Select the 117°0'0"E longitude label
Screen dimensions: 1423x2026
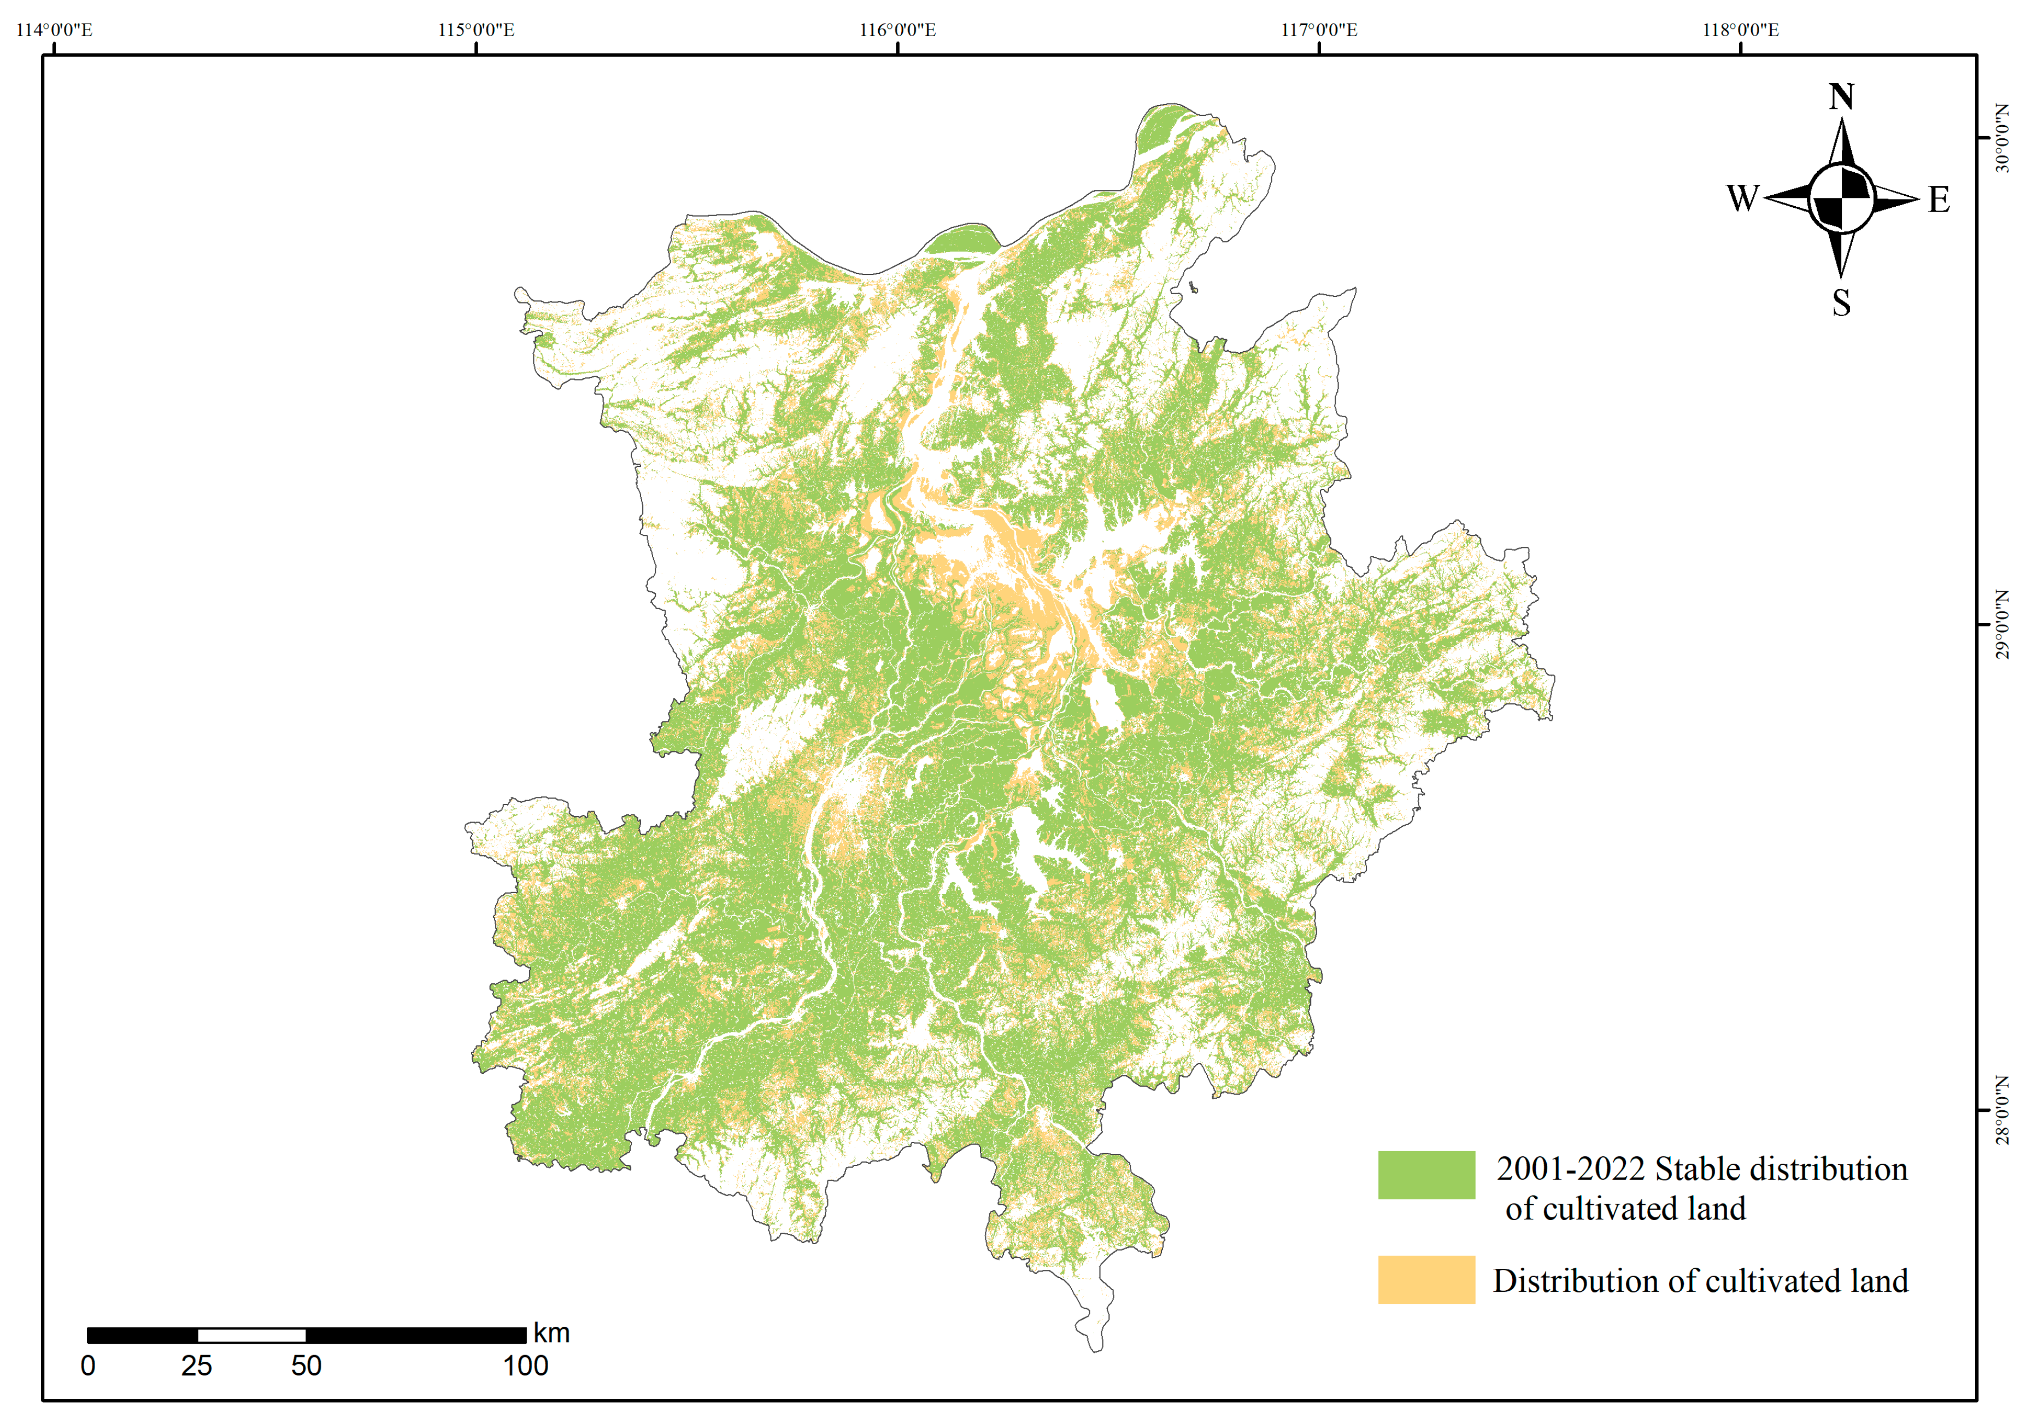[x=1319, y=30]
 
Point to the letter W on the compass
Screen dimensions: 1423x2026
[x=1743, y=199]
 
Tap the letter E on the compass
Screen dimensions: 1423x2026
[x=1939, y=200]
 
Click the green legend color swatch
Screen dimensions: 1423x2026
[x=1426, y=1174]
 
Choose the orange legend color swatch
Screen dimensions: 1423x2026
[x=1426, y=1279]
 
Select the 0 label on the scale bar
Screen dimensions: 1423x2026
[x=87, y=1366]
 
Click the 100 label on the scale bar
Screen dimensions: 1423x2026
[x=525, y=1366]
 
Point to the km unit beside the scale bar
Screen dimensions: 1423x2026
[x=551, y=1333]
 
